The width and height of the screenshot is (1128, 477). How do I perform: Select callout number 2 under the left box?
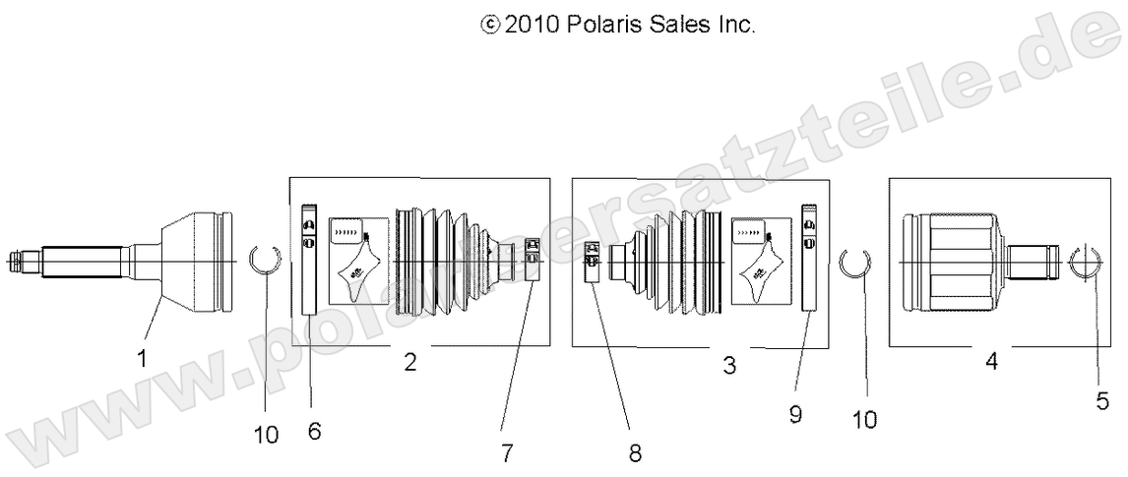coord(409,363)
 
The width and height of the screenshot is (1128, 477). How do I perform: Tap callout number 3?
coord(728,366)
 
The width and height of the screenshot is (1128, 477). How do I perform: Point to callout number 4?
coord(991,362)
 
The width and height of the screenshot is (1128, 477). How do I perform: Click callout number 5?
coord(1103,400)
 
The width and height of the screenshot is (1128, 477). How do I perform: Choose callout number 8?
coord(635,453)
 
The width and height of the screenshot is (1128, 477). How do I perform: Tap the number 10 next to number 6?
coord(266,434)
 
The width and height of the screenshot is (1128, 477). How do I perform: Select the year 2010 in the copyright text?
coord(533,25)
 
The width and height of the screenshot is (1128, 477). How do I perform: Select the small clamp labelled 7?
coord(532,258)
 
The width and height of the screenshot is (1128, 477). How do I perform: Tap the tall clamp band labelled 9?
coord(810,258)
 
